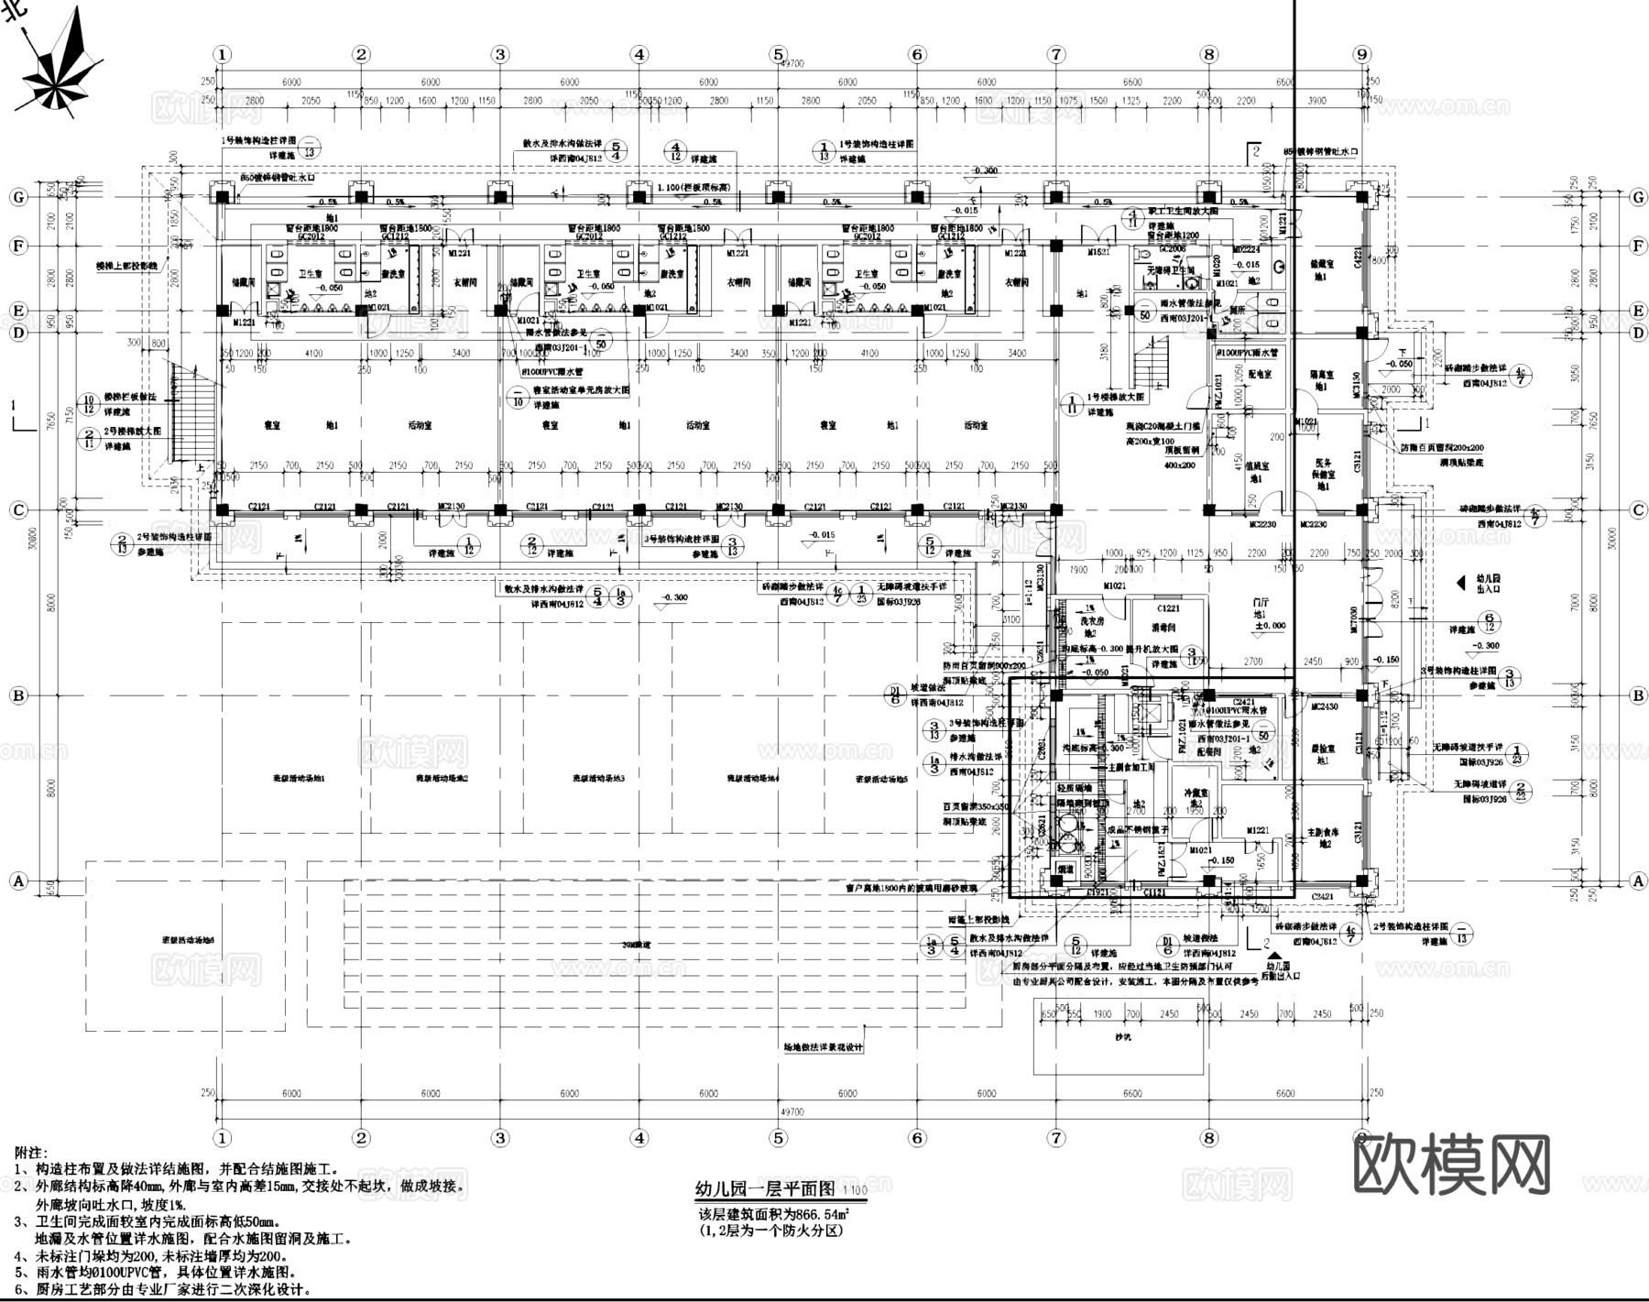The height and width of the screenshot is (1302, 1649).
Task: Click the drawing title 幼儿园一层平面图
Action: coord(765,1188)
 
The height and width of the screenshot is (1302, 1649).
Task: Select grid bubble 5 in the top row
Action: coord(778,55)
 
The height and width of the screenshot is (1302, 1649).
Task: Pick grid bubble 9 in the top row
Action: coord(1362,55)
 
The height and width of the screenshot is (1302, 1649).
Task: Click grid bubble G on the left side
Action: coord(18,197)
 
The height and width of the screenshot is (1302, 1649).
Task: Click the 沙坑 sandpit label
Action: coord(1122,1036)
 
